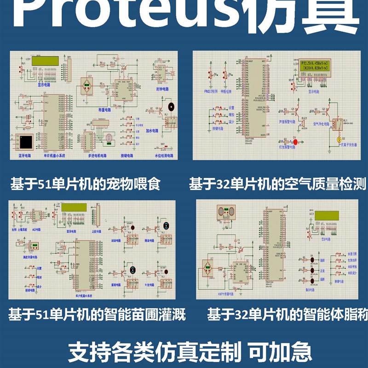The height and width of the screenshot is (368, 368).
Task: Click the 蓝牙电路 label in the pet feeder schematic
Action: tap(24, 156)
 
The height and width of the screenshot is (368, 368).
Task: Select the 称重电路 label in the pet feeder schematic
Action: tap(104, 110)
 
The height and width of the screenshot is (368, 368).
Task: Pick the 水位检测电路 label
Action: tap(163, 156)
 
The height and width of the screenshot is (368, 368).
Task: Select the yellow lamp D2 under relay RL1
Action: tap(339, 139)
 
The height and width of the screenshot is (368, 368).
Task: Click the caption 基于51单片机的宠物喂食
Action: tap(86, 185)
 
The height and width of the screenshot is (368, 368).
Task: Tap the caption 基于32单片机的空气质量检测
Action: tap(277, 185)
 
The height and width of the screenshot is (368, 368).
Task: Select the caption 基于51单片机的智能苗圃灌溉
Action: tap(97, 315)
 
